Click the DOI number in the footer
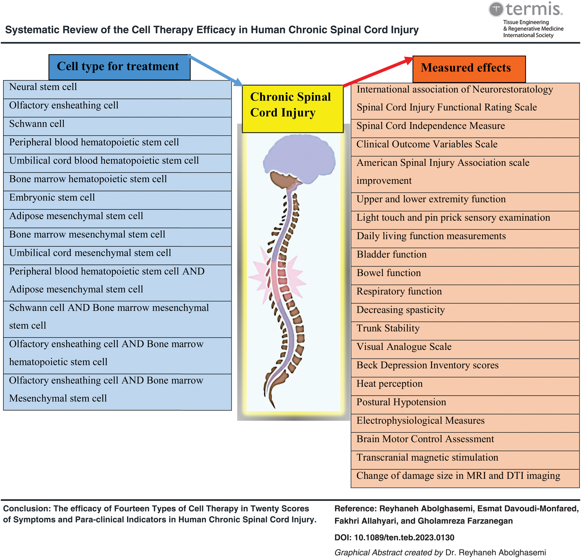404,538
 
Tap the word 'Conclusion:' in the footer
27,509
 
